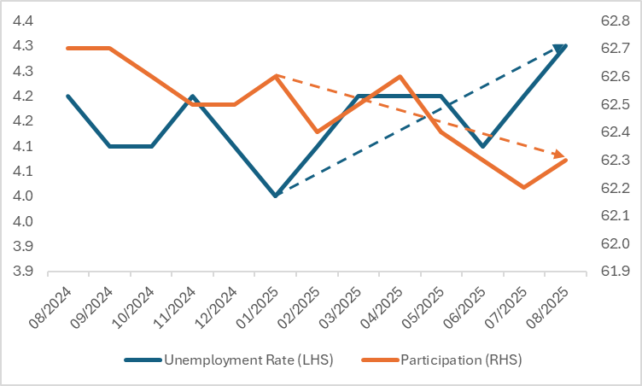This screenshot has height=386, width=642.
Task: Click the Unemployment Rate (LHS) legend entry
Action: click(x=248, y=360)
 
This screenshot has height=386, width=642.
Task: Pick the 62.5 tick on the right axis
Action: click(x=615, y=105)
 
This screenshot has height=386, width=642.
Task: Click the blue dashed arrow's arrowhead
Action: click(x=560, y=49)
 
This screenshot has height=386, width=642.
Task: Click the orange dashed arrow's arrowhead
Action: click(x=559, y=155)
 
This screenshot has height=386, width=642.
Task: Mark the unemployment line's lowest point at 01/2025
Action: click(x=276, y=196)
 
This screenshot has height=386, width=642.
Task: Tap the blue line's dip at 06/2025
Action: click(x=483, y=146)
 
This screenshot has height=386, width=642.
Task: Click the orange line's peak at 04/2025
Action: click(x=400, y=76)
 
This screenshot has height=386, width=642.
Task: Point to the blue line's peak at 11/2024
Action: click(x=193, y=96)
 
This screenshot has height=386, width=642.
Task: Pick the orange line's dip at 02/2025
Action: click(x=317, y=132)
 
